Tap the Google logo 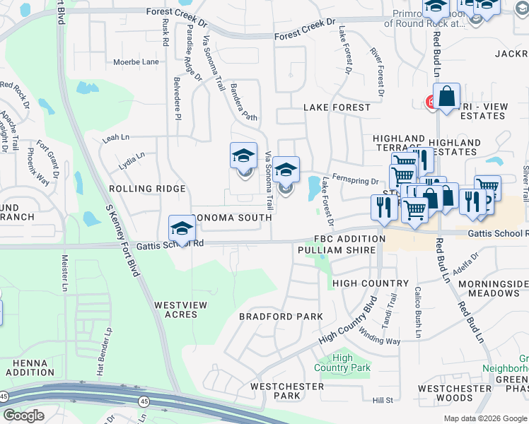click(x=23, y=416)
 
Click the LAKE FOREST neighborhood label click(x=337, y=107)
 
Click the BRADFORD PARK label click(x=281, y=316)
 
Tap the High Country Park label click(x=342, y=363)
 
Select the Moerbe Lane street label click(x=136, y=62)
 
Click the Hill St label click(x=383, y=401)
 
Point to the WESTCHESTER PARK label click(x=287, y=391)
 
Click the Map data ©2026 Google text click(x=485, y=418)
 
